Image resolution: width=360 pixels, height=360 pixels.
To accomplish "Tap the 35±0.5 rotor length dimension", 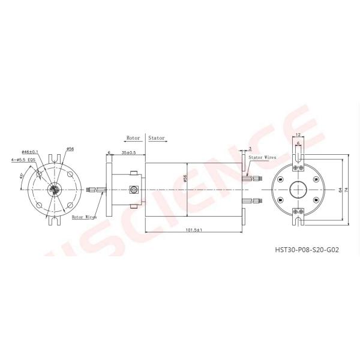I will click(x=128, y=153).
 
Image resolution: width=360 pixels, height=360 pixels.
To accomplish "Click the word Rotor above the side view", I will click(x=133, y=137).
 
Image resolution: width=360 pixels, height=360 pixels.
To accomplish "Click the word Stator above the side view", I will click(x=157, y=137).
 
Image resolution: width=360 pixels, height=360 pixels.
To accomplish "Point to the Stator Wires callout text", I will click(x=263, y=155).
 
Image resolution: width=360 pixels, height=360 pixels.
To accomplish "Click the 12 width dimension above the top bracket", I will click(x=298, y=135).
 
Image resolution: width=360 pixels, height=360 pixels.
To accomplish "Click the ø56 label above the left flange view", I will click(x=70, y=148).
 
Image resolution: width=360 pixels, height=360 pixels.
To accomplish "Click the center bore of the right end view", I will click(x=298, y=189).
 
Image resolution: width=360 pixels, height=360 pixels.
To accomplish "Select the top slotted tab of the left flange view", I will click(x=55, y=160).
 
